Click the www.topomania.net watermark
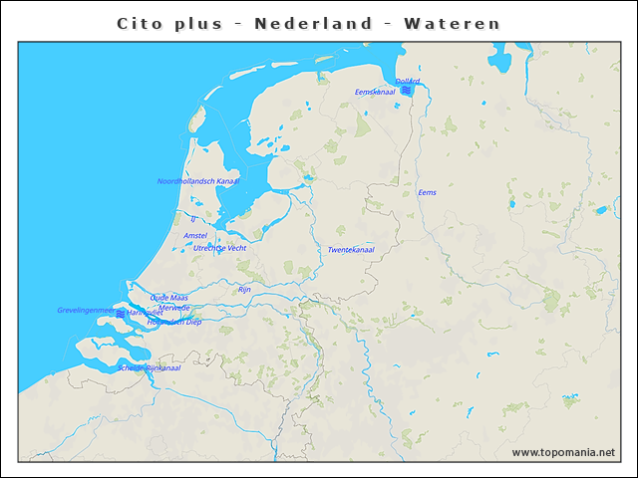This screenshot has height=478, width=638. [563, 452]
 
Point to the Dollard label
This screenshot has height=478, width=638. [408, 81]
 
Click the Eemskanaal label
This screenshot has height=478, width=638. [375, 92]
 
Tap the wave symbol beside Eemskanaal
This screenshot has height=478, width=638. [406, 91]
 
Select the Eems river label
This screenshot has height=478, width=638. [427, 192]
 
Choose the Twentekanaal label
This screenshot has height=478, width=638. [351, 250]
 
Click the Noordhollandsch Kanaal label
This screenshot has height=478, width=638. [198, 181]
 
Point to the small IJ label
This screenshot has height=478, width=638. [192, 216]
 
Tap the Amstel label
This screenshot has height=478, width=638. [195, 236]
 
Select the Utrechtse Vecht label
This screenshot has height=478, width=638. [219, 247]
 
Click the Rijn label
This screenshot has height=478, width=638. [244, 289]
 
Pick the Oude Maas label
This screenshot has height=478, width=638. [168, 298]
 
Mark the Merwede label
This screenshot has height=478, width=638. [173, 309]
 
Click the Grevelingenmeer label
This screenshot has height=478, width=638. [86, 311]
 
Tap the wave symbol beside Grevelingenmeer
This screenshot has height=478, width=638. [121, 314]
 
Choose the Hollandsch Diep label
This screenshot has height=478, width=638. [174, 323]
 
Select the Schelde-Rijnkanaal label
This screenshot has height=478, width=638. [149, 367]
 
